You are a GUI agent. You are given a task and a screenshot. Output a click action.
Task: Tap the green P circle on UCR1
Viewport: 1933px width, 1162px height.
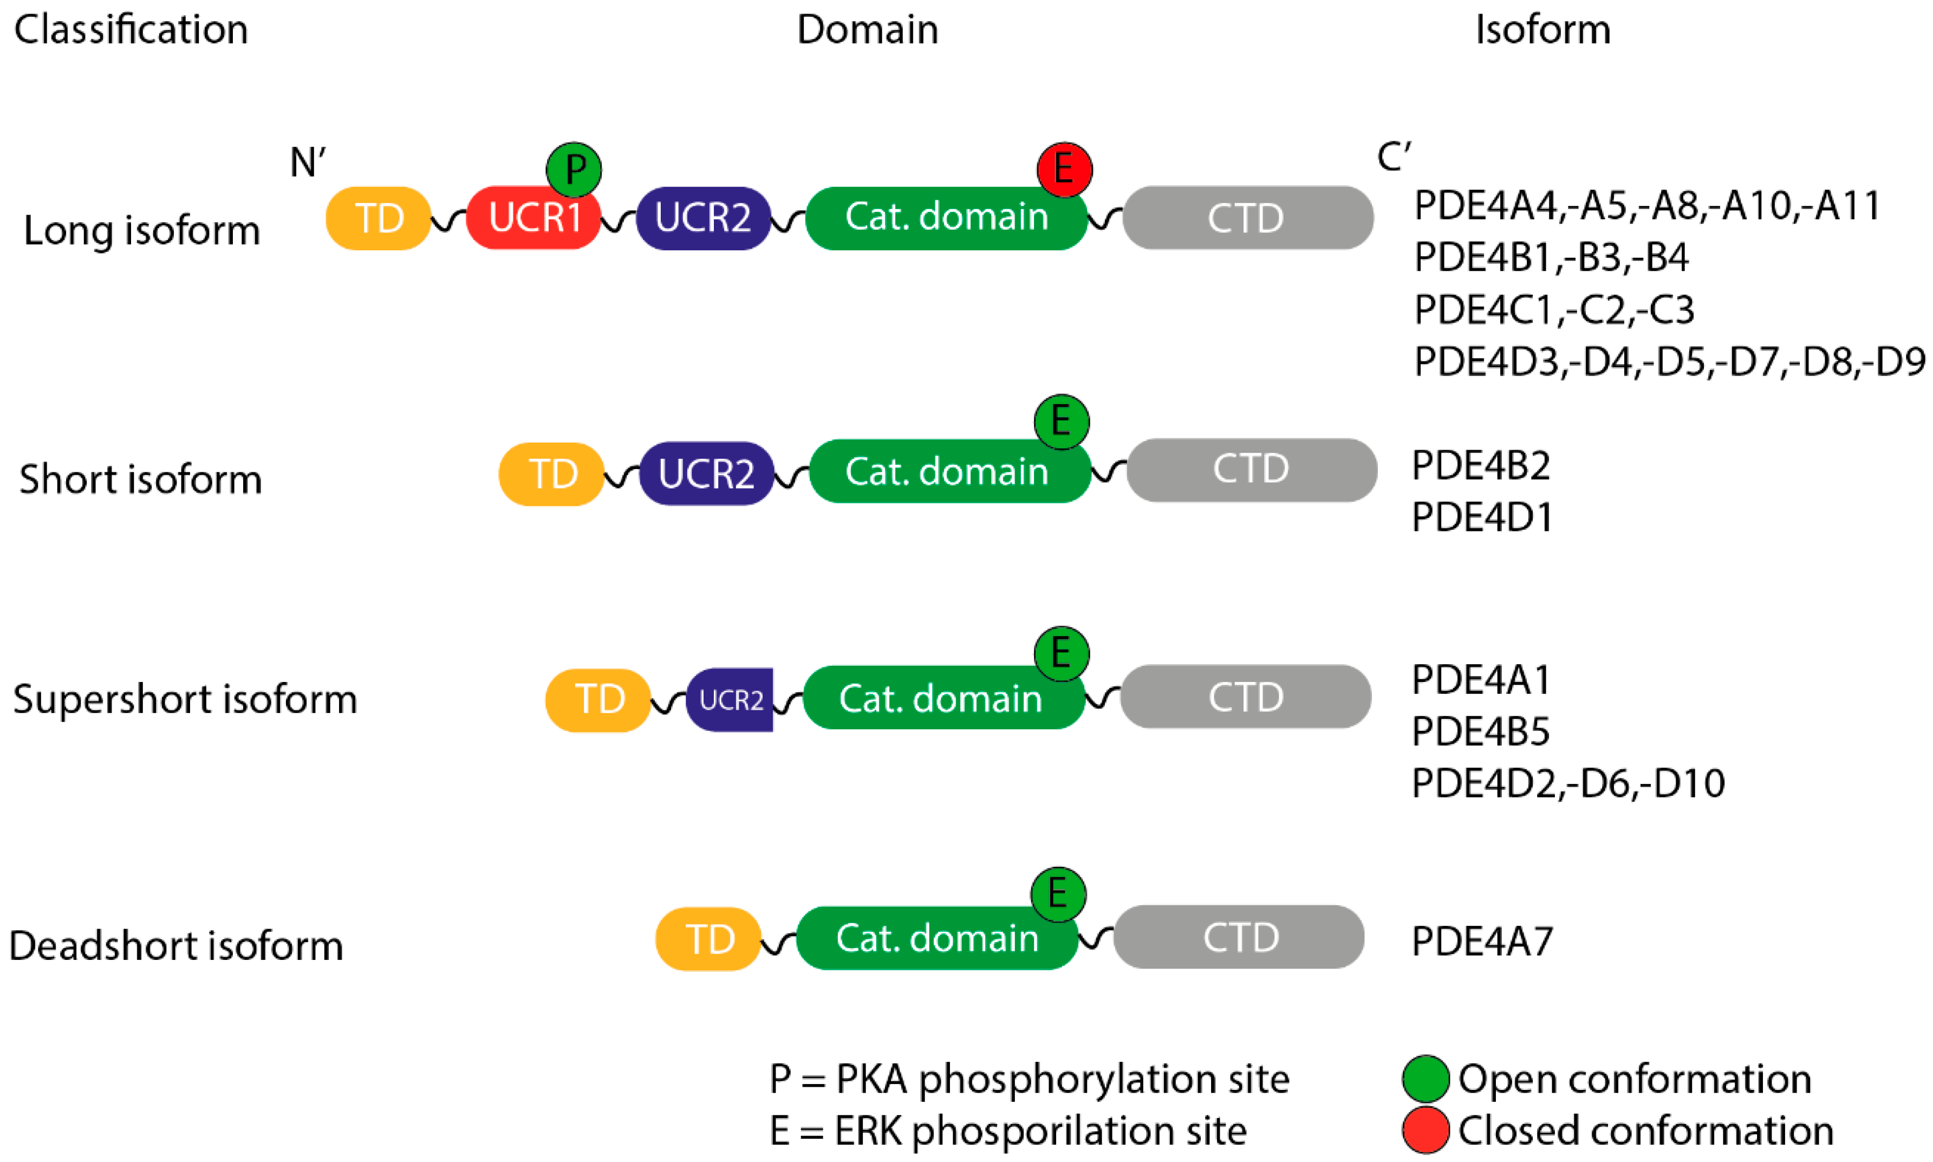click(x=574, y=169)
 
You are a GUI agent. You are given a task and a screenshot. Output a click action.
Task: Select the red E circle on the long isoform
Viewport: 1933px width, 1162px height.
click(x=1064, y=169)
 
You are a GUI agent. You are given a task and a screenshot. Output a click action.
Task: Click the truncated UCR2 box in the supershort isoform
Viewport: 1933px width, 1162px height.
click(x=730, y=699)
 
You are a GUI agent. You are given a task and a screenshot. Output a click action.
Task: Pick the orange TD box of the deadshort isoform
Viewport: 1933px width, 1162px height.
click(x=707, y=938)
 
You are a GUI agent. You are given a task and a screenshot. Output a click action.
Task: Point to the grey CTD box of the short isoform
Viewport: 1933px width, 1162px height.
click(x=1251, y=470)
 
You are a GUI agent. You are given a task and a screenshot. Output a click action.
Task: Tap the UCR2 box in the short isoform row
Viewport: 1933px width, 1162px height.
click(x=706, y=473)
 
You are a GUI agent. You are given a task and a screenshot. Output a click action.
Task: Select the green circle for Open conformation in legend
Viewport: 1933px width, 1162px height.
click(x=1425, y=1079)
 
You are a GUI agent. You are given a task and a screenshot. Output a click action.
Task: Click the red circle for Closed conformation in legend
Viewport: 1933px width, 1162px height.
click(x=1425, y=1130)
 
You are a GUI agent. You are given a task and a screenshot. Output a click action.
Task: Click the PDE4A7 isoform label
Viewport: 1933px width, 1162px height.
click(x=1481, y=941)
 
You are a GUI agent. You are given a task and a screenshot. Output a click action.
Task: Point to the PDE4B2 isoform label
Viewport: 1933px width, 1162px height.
click(x=1480, y=466)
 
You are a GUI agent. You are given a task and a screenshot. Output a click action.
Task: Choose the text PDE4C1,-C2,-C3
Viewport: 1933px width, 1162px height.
click(x=1553, y=310)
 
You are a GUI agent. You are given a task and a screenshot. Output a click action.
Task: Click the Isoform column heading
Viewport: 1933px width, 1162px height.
click(x=1542, y=30)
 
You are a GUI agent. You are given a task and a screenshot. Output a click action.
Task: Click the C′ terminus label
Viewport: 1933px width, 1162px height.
click(x=1393, y=157)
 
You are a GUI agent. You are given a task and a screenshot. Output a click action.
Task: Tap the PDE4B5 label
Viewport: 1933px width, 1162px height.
click(x=1480, y=731)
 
